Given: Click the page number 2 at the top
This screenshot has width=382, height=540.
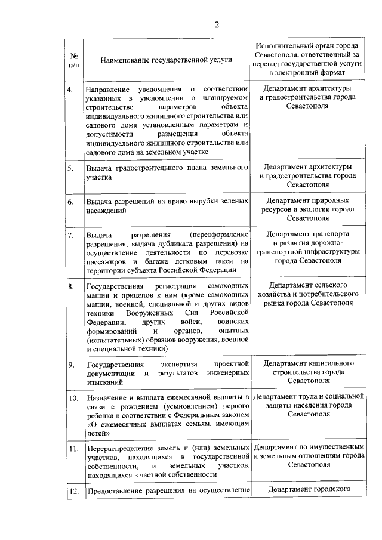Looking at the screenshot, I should pyautogui.click(x=217, y=24).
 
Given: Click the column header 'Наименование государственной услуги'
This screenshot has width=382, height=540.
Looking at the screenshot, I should pyautogui.click(x=158, y=60).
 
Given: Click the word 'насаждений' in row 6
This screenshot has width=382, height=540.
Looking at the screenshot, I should pyautogui.click(x=106, y=211).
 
